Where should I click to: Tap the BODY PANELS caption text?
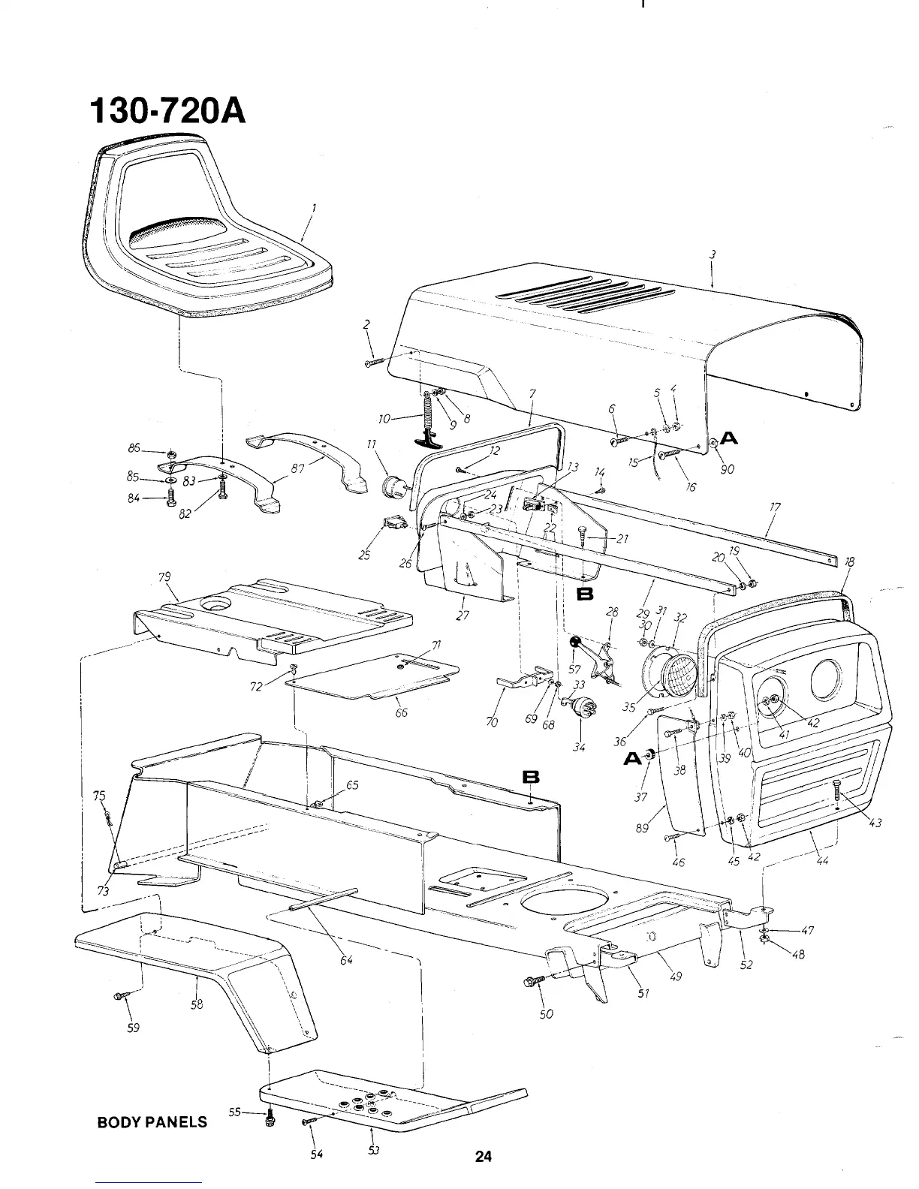152,1123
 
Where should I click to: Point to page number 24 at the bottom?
483,1157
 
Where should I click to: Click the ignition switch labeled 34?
580,706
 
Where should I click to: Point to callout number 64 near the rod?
346,959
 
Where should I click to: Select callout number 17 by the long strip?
774,507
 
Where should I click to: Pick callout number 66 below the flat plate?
402,712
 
